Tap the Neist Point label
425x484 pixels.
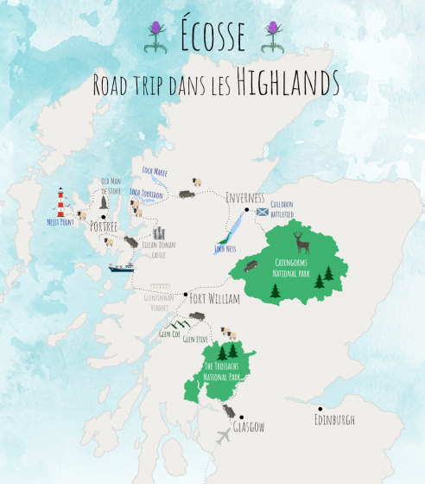point(60,221)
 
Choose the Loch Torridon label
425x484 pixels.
point(146,192)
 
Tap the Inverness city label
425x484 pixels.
point(244,197)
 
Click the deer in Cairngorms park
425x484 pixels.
point(299,239)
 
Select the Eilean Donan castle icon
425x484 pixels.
point(159,233)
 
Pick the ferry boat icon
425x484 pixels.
point(121,267)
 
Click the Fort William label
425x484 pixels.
point(215,298)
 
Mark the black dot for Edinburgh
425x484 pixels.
point(320,409)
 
